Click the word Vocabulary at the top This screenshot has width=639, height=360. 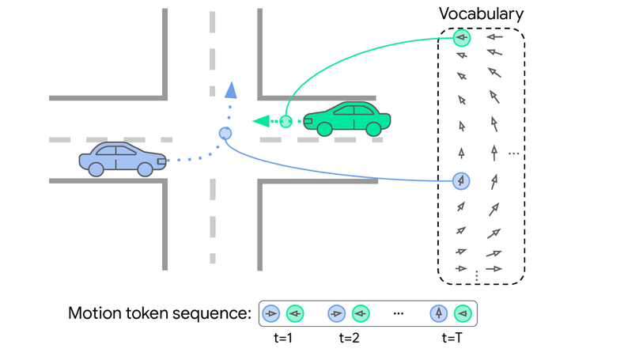tap(482, 14)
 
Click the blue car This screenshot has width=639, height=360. tap(122, 158)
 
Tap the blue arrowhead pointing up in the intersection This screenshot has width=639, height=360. tap(230, 89)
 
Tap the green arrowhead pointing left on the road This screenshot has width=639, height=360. tap(260, 122)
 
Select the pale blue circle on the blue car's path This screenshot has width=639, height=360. tap(225, 134)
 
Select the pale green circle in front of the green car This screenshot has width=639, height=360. tap(286, 122)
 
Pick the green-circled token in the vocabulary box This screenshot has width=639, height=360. tap(462, 37)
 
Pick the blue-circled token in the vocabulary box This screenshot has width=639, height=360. tap(462, 181)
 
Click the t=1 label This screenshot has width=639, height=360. tap(282, 338)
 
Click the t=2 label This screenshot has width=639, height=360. tap(349, 338)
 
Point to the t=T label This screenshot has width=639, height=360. tap(451, 338)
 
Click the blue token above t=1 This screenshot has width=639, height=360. tap(271, 314)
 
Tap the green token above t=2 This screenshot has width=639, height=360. tap(361, 314)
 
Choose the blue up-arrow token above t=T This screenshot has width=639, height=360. tap(439, 314)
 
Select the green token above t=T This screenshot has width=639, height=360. tap(463, 314)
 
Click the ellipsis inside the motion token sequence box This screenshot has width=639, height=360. tap(399, 314)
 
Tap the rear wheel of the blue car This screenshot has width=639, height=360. tap(96, 169)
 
